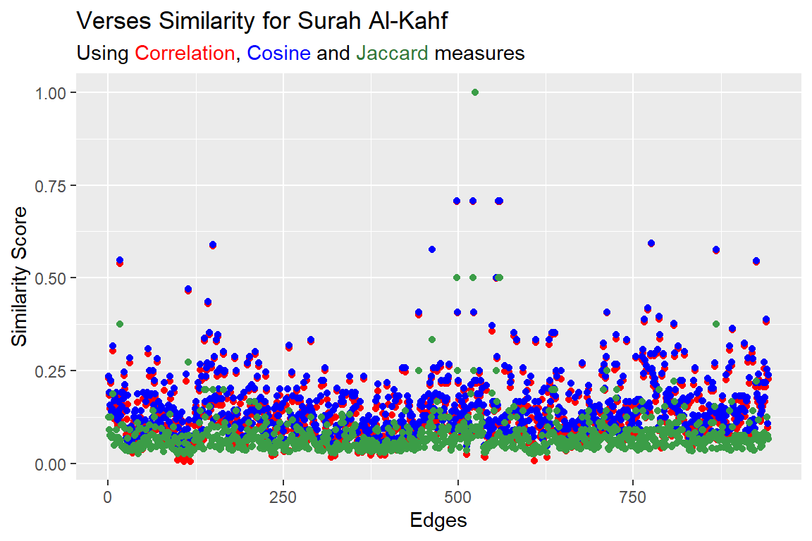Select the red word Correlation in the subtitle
[185, 54]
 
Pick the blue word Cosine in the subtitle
[279, 54]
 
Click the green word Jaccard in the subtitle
[392, 54]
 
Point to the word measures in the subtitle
[479, 54]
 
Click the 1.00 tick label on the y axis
[52, 92]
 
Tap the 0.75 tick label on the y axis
[52, 185]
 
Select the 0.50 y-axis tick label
[52, 278]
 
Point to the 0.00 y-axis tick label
[52, 464]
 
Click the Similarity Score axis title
[21, 277]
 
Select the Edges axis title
[438, 521]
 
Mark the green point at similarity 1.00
[474, 92]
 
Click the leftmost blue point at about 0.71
[457, 201]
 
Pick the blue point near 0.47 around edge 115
[188, 289]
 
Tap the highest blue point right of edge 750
[651, 243]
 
